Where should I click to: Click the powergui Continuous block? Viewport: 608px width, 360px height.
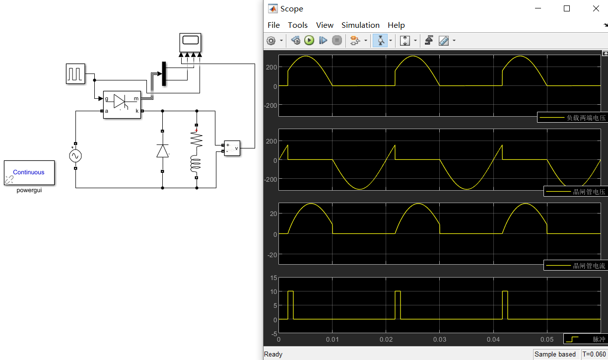point(29,172)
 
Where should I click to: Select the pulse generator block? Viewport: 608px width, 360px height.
point(75,73)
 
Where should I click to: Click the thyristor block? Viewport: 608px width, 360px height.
point(122,104)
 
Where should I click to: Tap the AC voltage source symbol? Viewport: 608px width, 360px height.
point(75,156)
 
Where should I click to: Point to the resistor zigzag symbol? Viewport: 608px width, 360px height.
point(197,140)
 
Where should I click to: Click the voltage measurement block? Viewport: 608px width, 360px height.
point(232,147)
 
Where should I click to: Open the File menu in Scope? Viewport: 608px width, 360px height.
point(273,25)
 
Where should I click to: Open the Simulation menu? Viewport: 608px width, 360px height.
point(360,25)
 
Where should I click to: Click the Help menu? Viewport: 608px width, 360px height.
point(396,25)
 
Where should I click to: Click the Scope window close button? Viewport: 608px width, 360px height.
point(596,8)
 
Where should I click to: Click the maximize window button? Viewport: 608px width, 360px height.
point(567,8)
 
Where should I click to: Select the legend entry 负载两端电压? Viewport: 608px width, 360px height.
point(572,118)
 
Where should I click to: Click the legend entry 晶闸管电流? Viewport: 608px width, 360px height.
point(575,265)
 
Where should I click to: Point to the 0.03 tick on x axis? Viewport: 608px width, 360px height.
point(440,340)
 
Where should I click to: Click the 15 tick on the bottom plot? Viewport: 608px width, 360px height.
point(273,278)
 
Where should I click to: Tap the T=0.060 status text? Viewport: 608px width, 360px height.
point(594,354)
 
